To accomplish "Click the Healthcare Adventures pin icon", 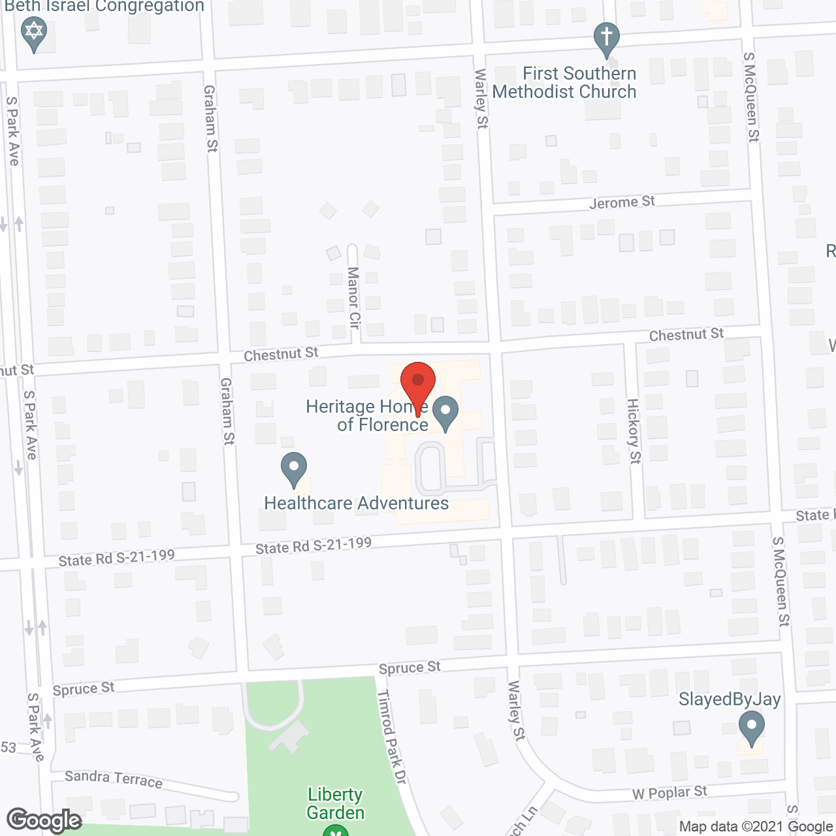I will (x=294, y=468).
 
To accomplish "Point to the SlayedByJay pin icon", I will (x=752, y=726).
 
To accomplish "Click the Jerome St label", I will (x=622, y=202).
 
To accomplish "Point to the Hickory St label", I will (x=634, y=431).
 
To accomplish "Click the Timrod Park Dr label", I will (x=393, y=737).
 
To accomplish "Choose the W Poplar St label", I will (x=669, y=793).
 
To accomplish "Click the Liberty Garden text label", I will (x=336, y=803).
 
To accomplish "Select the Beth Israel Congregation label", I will (x=104, y=7).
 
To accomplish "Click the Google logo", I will (x=44, y=820).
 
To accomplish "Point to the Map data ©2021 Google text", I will (x=756, y=827).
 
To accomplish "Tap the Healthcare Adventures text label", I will (x=357, y=503).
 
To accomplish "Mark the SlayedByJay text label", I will (x=730, y=699).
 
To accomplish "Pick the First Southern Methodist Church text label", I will (x=565, y=82).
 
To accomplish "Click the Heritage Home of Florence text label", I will (x=367, y=415).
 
